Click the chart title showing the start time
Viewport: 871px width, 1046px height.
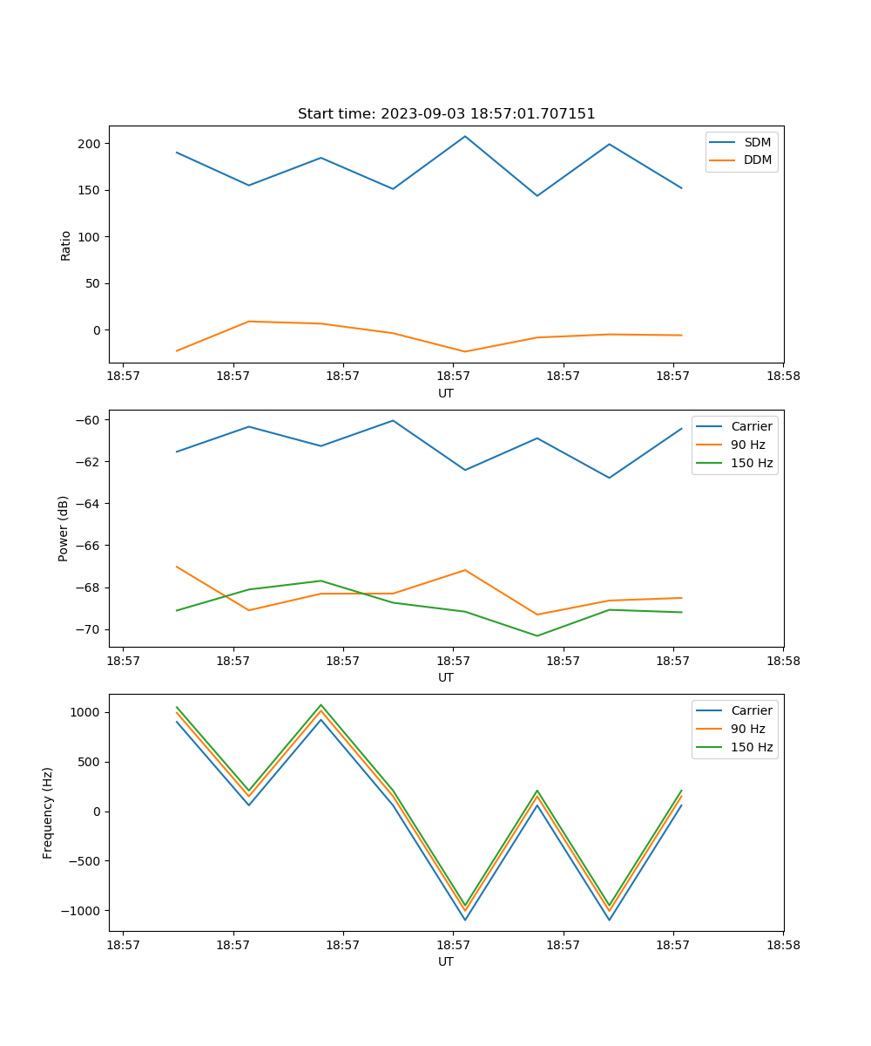(x=446, y=114)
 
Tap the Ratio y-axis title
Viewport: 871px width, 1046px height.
(x=66, y=245)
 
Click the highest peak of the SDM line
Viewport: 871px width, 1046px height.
(x=465, y=136)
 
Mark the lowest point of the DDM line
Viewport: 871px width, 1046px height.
(x=465, y=352)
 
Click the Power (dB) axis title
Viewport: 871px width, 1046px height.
(x=64, y=528)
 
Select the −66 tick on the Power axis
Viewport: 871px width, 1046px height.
(x=90, y=546)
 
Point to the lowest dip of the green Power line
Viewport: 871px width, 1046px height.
(x=537, y=635)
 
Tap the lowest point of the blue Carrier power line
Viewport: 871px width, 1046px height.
(x=609, y=478)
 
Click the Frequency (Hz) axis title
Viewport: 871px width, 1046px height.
(x=49, y=812)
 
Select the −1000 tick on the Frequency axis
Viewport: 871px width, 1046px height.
(x=83, y=911)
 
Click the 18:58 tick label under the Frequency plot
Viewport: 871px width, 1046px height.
(x=782, y=945)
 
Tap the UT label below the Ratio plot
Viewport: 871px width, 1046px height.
(x=446, y=393)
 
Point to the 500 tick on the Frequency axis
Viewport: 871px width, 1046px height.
(x=90, y=762)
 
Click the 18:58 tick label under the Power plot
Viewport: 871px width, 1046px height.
(x=782, y=661)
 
